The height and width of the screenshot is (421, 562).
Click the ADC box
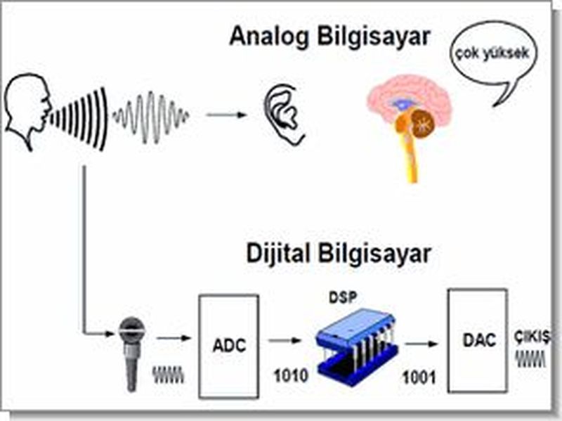[x=228, y=346]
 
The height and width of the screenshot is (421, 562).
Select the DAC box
[x=478, y=341]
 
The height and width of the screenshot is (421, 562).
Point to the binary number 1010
[x=289, y=376]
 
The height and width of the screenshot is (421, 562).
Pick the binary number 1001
[x=419, y=377]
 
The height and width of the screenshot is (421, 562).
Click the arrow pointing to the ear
[x=227, y=114]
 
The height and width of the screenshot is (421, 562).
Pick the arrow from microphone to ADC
[x=172, y=338]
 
